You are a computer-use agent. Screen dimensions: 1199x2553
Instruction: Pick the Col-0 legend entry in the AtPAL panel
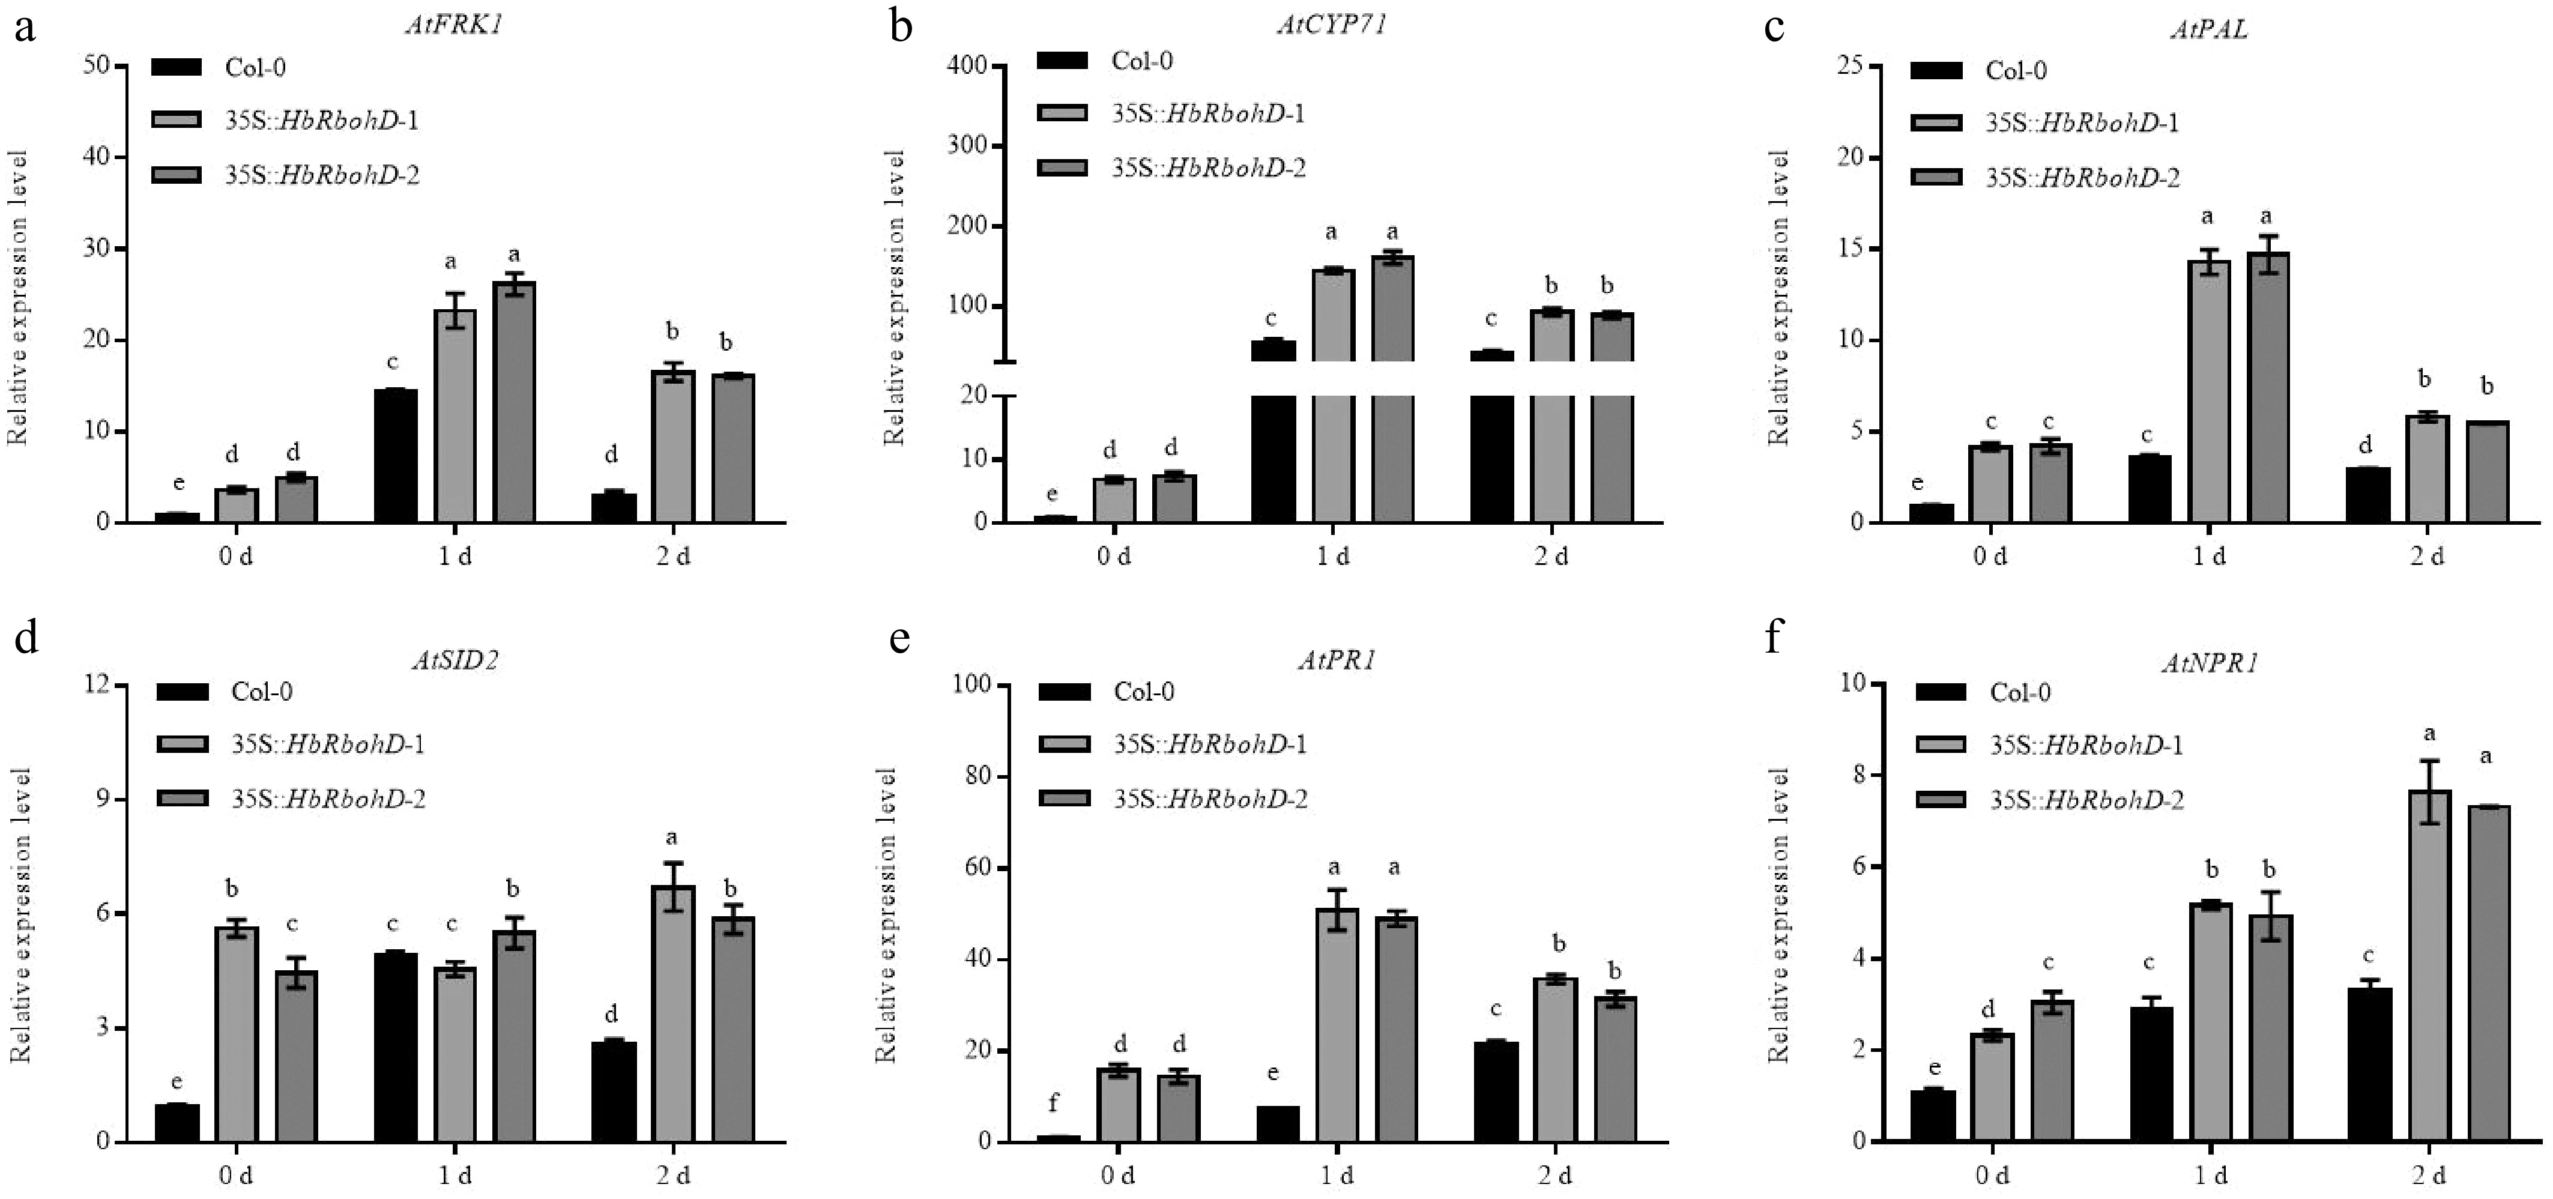pyautogui.click(x=2016, y=70)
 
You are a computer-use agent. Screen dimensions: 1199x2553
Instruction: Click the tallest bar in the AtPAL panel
pyautogui.click(x=2268, y=387)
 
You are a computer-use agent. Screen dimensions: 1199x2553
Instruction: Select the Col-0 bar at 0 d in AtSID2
pyautogui.click(x=177, y=1123)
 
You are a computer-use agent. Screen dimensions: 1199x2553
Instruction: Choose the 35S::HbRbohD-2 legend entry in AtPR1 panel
pyautogui.click(x=1209, y=799)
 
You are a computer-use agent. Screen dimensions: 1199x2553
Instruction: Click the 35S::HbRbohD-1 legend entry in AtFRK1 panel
pyautogui.click(x=321, y=121)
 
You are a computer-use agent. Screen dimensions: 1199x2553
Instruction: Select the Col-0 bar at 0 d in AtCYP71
pyautogui.click(x=1054, y=518)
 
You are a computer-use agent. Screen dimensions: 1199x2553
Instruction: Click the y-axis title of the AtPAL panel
pyautogui.click(x=1780, y=297)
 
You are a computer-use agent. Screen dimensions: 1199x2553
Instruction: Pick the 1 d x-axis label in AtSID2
pyautogui.click(x=455, y=1176)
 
